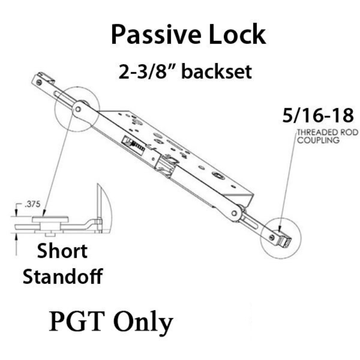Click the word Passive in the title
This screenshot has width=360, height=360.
click(156, 34)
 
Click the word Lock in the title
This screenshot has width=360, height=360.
click(238, 34)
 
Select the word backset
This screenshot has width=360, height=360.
click(217, 72)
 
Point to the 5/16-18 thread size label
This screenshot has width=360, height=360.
click(318, 115)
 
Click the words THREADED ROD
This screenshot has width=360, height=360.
click(328, 132)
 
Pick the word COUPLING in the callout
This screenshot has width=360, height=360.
click(318, 140)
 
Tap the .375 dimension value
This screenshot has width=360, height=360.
click(33, 204)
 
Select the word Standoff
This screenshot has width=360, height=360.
click(63, 276)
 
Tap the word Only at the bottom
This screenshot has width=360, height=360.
click(143, 322)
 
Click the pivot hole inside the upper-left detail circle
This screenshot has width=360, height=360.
click(78, 109)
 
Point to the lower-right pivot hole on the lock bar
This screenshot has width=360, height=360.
click(234, 213)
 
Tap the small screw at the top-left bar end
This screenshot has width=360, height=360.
click(39, 82)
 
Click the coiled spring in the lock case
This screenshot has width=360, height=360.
click(137, 145)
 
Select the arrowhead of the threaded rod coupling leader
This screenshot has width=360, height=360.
click(280, 228)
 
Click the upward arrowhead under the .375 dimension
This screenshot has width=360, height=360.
click(16, 236)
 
